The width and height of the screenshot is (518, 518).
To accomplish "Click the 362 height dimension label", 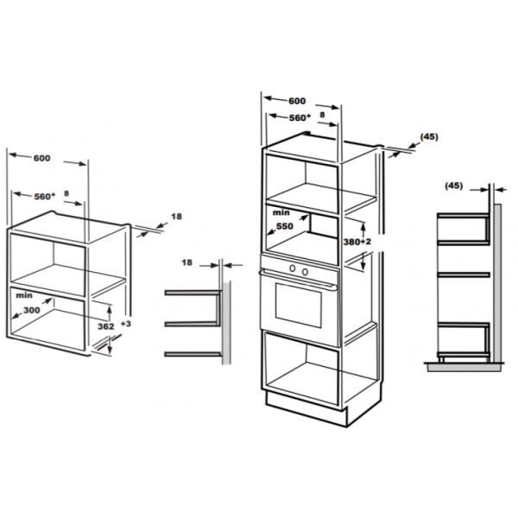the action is (x=105, y=326).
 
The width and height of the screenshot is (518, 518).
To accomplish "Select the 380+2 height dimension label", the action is (x=357, y=242).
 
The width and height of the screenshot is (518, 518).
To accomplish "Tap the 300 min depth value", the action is (x=32, y=310).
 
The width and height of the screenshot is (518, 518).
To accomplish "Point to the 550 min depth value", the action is (x=285, y=226).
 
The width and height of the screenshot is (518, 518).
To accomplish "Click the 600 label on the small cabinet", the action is (x=42, y=158).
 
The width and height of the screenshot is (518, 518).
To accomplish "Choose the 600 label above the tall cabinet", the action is (x=297, y=101).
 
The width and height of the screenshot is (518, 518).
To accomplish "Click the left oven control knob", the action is (x=293, y=268).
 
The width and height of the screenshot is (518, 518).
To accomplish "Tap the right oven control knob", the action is (x=306, y=272).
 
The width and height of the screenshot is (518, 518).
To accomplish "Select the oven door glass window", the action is (x=299, y=306).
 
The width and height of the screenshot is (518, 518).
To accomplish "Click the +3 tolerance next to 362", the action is (x=126, y=324).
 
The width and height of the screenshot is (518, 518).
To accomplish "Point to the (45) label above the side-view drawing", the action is (x=454, y=186).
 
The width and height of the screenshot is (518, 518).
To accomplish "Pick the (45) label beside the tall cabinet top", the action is (x=429, y=136).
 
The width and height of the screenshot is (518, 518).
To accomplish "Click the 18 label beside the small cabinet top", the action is (x=176, y=217).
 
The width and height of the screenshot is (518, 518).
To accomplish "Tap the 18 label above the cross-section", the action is (x=186, y=262).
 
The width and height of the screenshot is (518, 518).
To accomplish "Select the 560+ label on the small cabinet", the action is (x=45, y=197).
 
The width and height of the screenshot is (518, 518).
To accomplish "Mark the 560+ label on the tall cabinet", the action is (x=300, y=117).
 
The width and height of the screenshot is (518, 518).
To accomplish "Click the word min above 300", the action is (x=24, y=295).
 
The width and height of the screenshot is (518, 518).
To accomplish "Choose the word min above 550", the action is (x=281, y=212).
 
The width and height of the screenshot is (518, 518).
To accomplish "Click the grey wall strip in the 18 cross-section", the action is (x=226, y=322).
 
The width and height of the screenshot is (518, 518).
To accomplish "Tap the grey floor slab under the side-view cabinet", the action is (x=464, y=367).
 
